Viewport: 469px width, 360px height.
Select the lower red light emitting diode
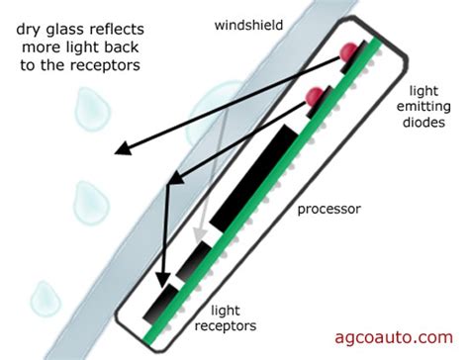coord(315,97)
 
